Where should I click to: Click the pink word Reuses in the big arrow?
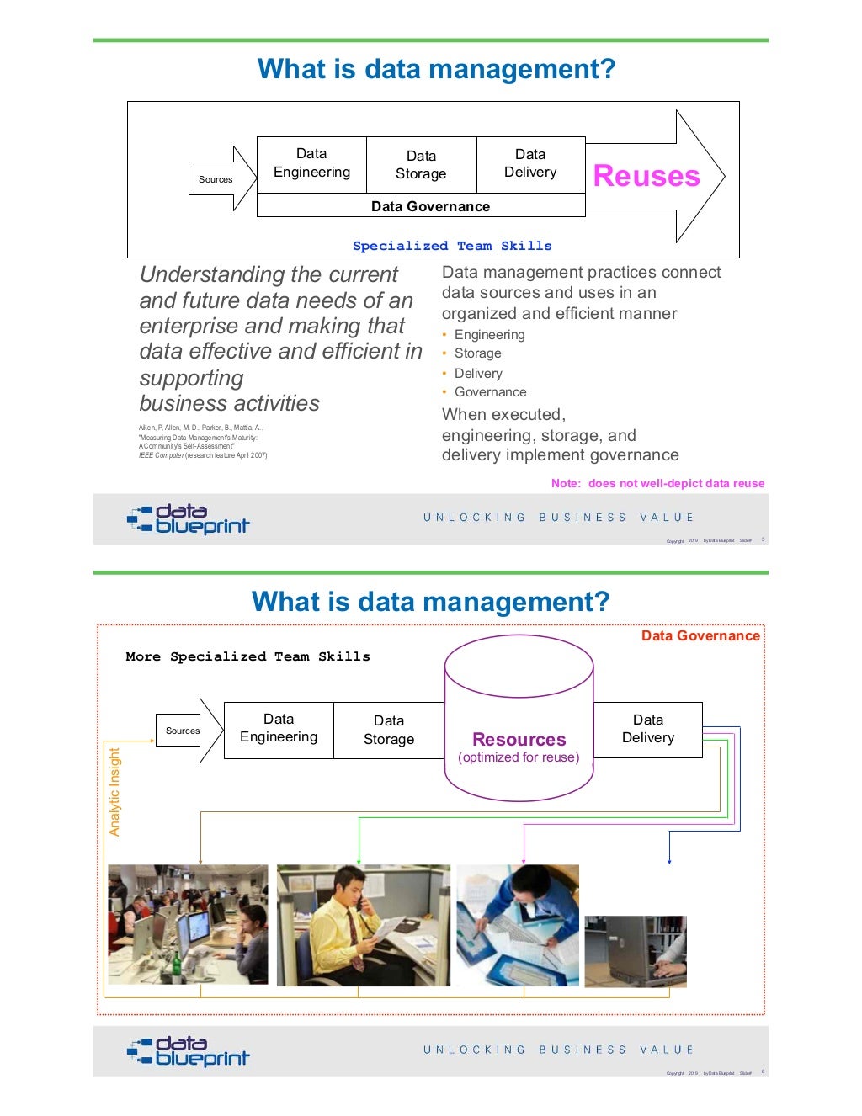(646, 176)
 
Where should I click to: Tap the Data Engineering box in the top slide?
(311, 163)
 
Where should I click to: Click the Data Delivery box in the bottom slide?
(648, 729)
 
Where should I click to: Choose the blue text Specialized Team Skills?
(452, 246)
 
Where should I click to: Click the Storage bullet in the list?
(477, 353)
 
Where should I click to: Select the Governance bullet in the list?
(490, 392)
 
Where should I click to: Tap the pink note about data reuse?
(657, 483)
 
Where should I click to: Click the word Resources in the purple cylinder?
(519, 740)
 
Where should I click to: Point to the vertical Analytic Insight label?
(114, 792)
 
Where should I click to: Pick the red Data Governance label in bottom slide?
(700, 635)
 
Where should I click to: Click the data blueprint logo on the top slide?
(189, 519)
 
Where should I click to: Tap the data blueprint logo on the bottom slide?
(189, 1051)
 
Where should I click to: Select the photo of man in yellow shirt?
(363, 925)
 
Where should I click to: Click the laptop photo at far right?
(636, 951)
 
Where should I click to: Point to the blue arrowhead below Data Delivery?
(669, 861)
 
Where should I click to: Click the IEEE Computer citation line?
(203, 455)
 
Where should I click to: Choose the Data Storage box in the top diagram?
(421, 165)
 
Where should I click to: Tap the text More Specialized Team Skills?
(247, 656)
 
